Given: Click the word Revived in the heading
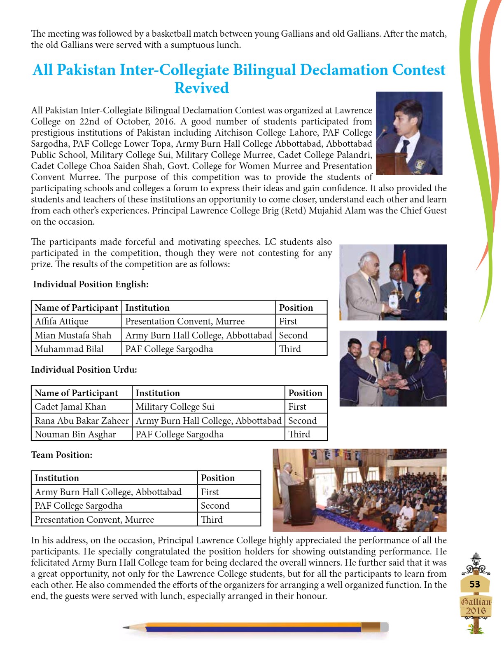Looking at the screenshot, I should (201, 88).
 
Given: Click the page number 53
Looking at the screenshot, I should (475, 584).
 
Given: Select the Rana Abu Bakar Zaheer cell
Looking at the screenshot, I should (82, 420).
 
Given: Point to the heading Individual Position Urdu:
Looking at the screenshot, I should (84, 369).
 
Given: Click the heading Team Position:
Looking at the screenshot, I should (62, 455).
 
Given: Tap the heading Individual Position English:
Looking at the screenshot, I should (91, 284).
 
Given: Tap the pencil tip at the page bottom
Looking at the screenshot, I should (126, 627).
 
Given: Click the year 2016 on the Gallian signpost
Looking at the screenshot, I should (476, 611).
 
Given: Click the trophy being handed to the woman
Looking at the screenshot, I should (396, 298).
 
